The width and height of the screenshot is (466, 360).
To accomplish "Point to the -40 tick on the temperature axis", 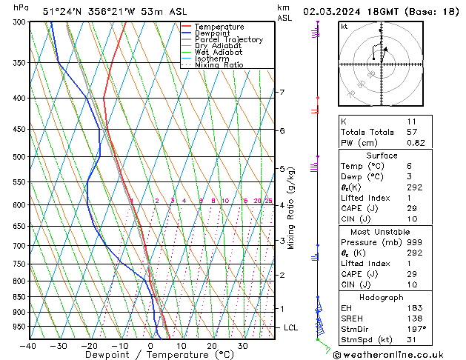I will click(x=28, y=345).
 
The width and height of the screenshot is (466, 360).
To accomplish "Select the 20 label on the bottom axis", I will click(x=212, y=345).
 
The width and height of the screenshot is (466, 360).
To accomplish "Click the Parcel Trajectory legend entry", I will click(x=228, y=40).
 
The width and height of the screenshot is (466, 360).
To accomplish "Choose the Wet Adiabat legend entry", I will click(x=219, y=53).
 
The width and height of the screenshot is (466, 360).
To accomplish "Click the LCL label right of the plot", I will click(x=291, y=327).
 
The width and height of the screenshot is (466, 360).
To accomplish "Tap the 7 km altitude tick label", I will click(x=282, y=93).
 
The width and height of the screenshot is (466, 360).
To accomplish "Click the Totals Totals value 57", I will click(x=411, y=131).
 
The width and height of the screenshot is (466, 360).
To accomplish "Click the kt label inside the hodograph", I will click(x=344, y=27).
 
